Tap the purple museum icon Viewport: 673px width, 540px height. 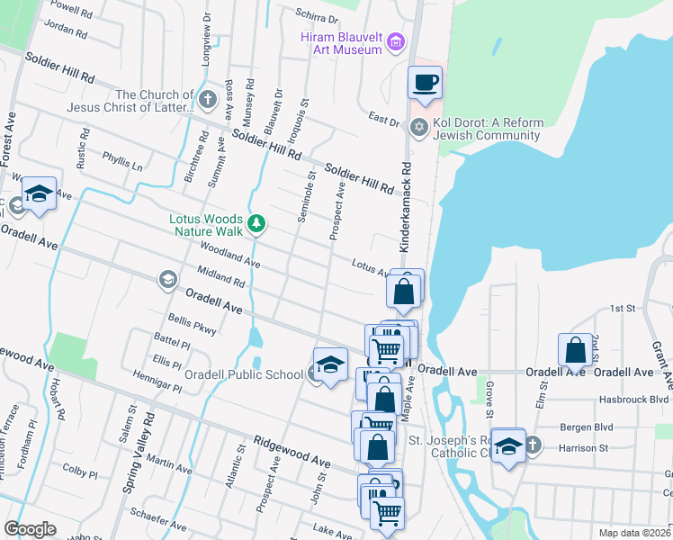[x=395, y=41]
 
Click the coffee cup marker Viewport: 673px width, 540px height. [x=425, y=84]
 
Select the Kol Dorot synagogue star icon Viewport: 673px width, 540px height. [x=417, y=126]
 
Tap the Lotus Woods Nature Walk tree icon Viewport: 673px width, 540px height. [x=256, y=222]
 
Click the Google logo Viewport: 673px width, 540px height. [x=30, y=529]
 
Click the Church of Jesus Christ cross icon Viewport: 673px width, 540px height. [x=209, y=99]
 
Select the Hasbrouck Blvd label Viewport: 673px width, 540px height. [x=635, y=399]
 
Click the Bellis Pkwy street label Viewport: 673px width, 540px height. [x=193, y=325]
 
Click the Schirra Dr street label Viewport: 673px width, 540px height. [x=317, y=16]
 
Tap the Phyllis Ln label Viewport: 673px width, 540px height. [x=122, y=162]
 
